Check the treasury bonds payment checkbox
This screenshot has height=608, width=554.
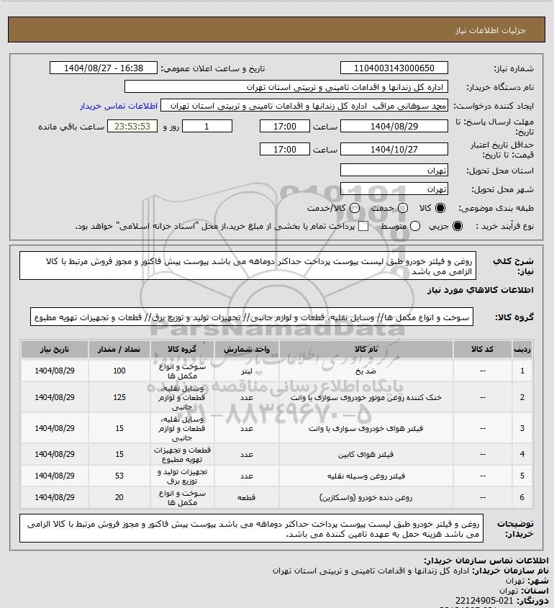point(363,227)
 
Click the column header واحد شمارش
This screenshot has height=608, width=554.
point(247,348)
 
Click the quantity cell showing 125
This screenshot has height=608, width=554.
point(119,397)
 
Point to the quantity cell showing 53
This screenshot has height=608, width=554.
point(119,476)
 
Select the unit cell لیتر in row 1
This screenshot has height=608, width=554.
point(247,371)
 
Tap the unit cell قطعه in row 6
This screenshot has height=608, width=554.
point(247,497)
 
